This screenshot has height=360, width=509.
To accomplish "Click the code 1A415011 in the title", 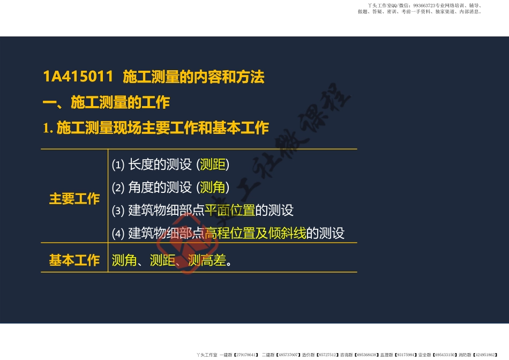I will [78, 77].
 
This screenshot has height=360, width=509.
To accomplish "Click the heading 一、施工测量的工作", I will [106, 102].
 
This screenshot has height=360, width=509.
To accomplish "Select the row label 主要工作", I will [74, 199].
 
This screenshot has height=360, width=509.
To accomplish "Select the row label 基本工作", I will [74, 260].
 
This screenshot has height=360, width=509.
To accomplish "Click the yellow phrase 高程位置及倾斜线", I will [255, 234].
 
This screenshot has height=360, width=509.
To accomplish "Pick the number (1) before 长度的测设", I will [118, 165].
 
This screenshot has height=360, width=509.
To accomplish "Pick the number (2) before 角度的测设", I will [118, 188].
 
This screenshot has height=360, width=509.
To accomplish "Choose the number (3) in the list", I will [118, 211].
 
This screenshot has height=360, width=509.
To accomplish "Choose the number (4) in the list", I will [118, 234].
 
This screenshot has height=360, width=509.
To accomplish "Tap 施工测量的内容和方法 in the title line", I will [193, 77].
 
